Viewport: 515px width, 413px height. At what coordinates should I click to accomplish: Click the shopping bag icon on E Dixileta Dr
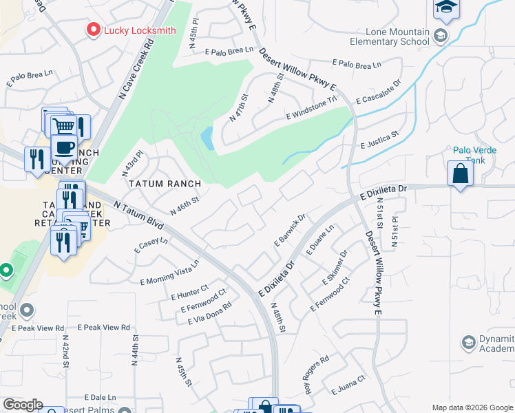[460, 175]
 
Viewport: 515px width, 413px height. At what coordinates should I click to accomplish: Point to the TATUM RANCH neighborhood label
[165, 184]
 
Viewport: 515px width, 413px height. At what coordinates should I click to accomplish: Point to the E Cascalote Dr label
[378, 93]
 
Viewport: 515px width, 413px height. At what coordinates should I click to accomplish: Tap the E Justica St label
[379, 140]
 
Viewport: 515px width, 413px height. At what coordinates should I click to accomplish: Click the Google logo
[23, 405]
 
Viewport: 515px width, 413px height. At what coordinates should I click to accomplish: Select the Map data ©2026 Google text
[472, 407]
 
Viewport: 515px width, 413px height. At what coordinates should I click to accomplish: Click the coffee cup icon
[64, 147]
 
